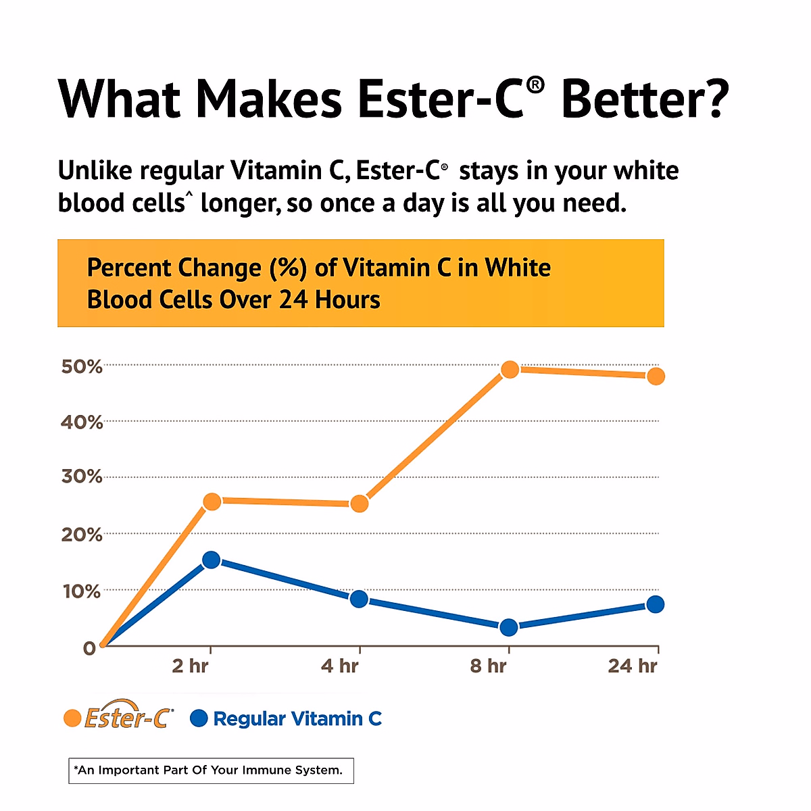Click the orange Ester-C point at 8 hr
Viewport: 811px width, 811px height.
510,370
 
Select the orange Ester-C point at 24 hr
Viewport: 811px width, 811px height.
656,376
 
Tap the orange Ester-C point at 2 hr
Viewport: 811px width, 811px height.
212,501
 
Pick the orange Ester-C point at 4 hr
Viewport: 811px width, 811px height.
360,503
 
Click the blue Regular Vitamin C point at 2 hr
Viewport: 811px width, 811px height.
212,560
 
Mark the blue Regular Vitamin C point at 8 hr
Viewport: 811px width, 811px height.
509,627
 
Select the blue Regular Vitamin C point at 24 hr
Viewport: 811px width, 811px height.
656,604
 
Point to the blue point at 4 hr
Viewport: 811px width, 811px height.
360,599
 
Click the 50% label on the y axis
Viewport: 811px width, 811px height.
82,367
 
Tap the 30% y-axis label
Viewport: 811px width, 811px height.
82,476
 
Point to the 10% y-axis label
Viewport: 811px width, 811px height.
82,591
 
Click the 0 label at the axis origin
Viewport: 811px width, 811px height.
89,648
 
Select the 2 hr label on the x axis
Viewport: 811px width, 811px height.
190,666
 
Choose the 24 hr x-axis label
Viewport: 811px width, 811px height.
632,666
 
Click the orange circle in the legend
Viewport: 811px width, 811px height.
72,718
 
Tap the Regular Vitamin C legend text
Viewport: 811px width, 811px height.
297,718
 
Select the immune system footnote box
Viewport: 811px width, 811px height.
211,770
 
